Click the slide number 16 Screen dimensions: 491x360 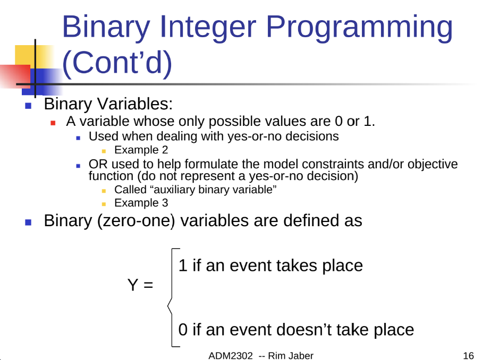pyautogui.click(x=469, y=356)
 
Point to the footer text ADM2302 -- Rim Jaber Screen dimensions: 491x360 pyautogui.click(x=261, y=356)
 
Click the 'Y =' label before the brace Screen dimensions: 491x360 pyautogui.click(x=140, y=285)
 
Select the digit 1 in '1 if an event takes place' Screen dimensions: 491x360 pyautogui.click(x=183, y=265)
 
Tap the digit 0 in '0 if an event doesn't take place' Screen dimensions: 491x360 pyautogui.click(x=183, y=330)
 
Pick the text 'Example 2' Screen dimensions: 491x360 pyautogui.click(x=141, y=150)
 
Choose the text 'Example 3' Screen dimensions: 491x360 pyautogui.click(x=141, y=203)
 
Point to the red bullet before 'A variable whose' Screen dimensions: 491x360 pyautogui.click(x=53, y=123)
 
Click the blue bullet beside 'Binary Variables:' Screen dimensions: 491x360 pyautogui.click(x=28, y=106)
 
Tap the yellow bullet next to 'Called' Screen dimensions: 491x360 pyautogui.click(x=104, y=191)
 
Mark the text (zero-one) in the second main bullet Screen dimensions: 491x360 pyautogui.click(x=136, y=221)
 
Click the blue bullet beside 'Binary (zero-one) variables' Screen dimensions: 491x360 pyautogui.click(x=28, y=222)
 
